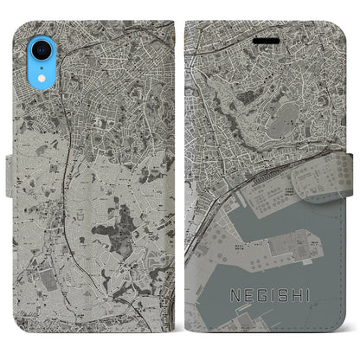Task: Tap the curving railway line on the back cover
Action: (65, 156)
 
